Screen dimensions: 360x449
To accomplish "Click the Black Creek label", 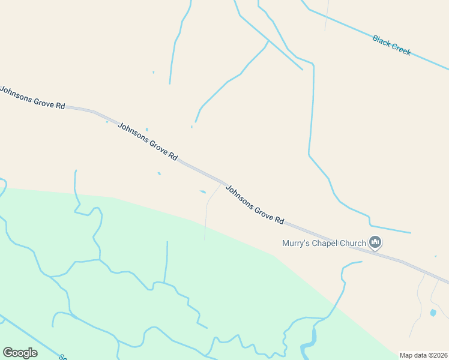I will (391, 45).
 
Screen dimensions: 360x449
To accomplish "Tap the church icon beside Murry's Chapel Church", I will (376, 242).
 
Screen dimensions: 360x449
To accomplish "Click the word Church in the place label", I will (353, 244).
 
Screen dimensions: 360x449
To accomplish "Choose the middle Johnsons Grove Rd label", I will (148, 141).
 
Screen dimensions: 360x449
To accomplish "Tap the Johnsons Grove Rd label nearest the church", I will (255, 204).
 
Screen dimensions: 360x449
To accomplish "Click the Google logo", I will (20, 353).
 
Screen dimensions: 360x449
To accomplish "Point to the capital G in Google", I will (8, 353).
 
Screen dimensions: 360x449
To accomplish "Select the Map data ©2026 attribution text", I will (423, 355).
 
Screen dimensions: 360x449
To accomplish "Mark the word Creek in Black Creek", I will (401, 49).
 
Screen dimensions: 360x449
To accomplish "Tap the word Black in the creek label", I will (382, 40).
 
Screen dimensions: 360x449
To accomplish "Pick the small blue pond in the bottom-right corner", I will (433, 313).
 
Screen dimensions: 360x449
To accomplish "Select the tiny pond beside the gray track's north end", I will (203, 192).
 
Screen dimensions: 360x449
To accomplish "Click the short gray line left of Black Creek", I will (327, 15).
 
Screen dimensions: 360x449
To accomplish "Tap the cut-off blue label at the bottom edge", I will (62, 357).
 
